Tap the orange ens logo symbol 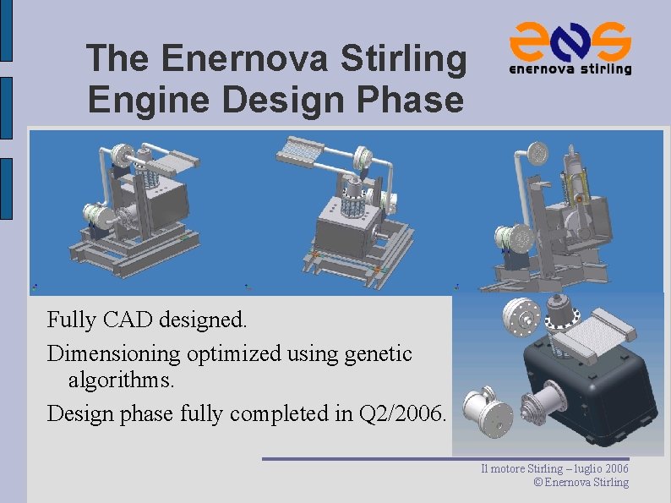click(x=570, y=41)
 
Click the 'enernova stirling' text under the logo click(x=570, y=69)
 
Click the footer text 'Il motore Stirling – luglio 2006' click(x=554, y=468)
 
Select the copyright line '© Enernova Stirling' click(x=581, y=483)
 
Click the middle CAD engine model click(x=346, y=211)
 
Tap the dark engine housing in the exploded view click(x=592, y=389)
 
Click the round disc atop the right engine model click(x=535, y=153)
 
